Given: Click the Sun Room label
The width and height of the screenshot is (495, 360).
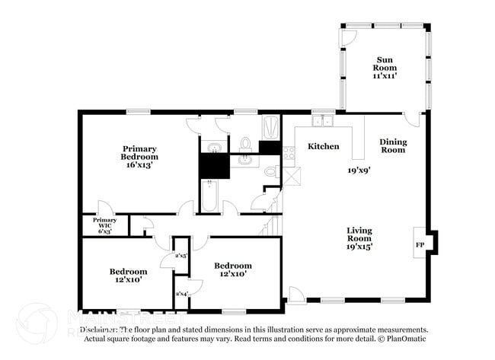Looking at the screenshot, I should pos(385,68).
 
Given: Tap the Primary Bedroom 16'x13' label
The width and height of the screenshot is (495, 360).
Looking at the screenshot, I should pos(140,156).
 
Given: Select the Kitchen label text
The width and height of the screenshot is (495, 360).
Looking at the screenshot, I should pos(323,146).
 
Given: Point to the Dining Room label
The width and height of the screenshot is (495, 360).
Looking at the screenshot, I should pos(393,145).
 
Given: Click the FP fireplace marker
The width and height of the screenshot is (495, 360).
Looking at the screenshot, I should pos(420,245).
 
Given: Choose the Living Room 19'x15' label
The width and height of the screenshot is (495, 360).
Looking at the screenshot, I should pos(359,238).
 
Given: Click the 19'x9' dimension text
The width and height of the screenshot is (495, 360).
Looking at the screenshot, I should pos(359,170).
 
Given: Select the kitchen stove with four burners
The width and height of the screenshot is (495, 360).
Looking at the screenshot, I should pos(289,153).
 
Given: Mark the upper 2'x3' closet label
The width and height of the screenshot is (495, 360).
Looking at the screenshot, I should pos(181,256).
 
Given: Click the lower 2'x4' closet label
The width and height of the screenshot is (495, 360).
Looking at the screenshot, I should pos(182,294).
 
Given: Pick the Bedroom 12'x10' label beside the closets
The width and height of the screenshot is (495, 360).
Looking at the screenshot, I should pos(232,270).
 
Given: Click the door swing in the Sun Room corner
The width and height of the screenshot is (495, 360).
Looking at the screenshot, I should pos(347,37).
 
